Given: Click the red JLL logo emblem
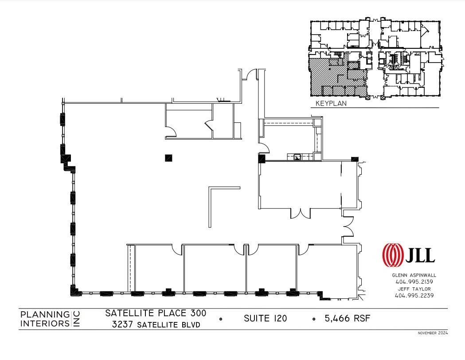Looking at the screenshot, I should (393, 255).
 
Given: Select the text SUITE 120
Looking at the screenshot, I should (265, 318).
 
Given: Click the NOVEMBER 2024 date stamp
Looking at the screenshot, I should (433, 333).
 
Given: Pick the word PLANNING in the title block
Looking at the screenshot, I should (45, 315).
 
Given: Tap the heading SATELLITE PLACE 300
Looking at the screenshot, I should (156, 313).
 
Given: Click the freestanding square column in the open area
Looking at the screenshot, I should (168, 157).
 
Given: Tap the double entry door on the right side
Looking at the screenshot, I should (348, 227).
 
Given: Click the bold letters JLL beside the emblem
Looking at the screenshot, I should (420, 255).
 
